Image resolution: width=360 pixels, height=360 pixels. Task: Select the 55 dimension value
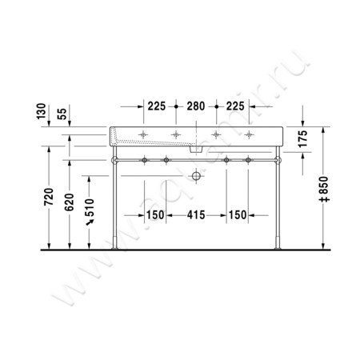pos(62,113)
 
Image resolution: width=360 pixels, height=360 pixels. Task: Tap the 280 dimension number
pos(195,106)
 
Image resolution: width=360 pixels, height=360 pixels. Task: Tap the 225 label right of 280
pos(234,106)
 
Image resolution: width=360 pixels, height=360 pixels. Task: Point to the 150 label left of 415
pos(155,214)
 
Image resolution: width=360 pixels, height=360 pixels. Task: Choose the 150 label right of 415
pos(238,214)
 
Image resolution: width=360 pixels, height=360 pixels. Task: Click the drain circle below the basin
pos(196,175)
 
